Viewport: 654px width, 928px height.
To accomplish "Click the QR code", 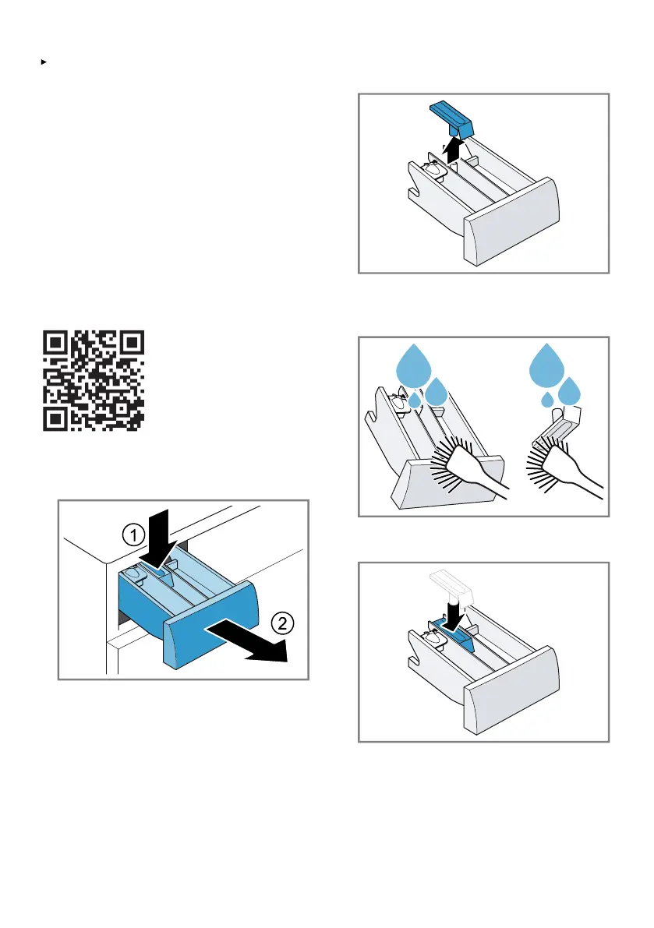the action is click(94, 380).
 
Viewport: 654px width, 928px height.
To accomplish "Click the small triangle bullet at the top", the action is click(44, 62).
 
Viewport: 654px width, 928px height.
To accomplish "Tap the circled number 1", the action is click(134, 535).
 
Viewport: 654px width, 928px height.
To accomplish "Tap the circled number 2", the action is click(282, 623).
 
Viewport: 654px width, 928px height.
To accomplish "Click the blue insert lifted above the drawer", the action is click(452, 118).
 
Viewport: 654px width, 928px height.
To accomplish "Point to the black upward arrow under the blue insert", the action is click(453, 149).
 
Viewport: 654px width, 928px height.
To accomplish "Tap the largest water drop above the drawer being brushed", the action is click(414, 366).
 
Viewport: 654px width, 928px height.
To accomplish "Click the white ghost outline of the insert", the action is click(452, 586).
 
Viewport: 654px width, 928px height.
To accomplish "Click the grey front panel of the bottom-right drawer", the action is click(512, 690).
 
